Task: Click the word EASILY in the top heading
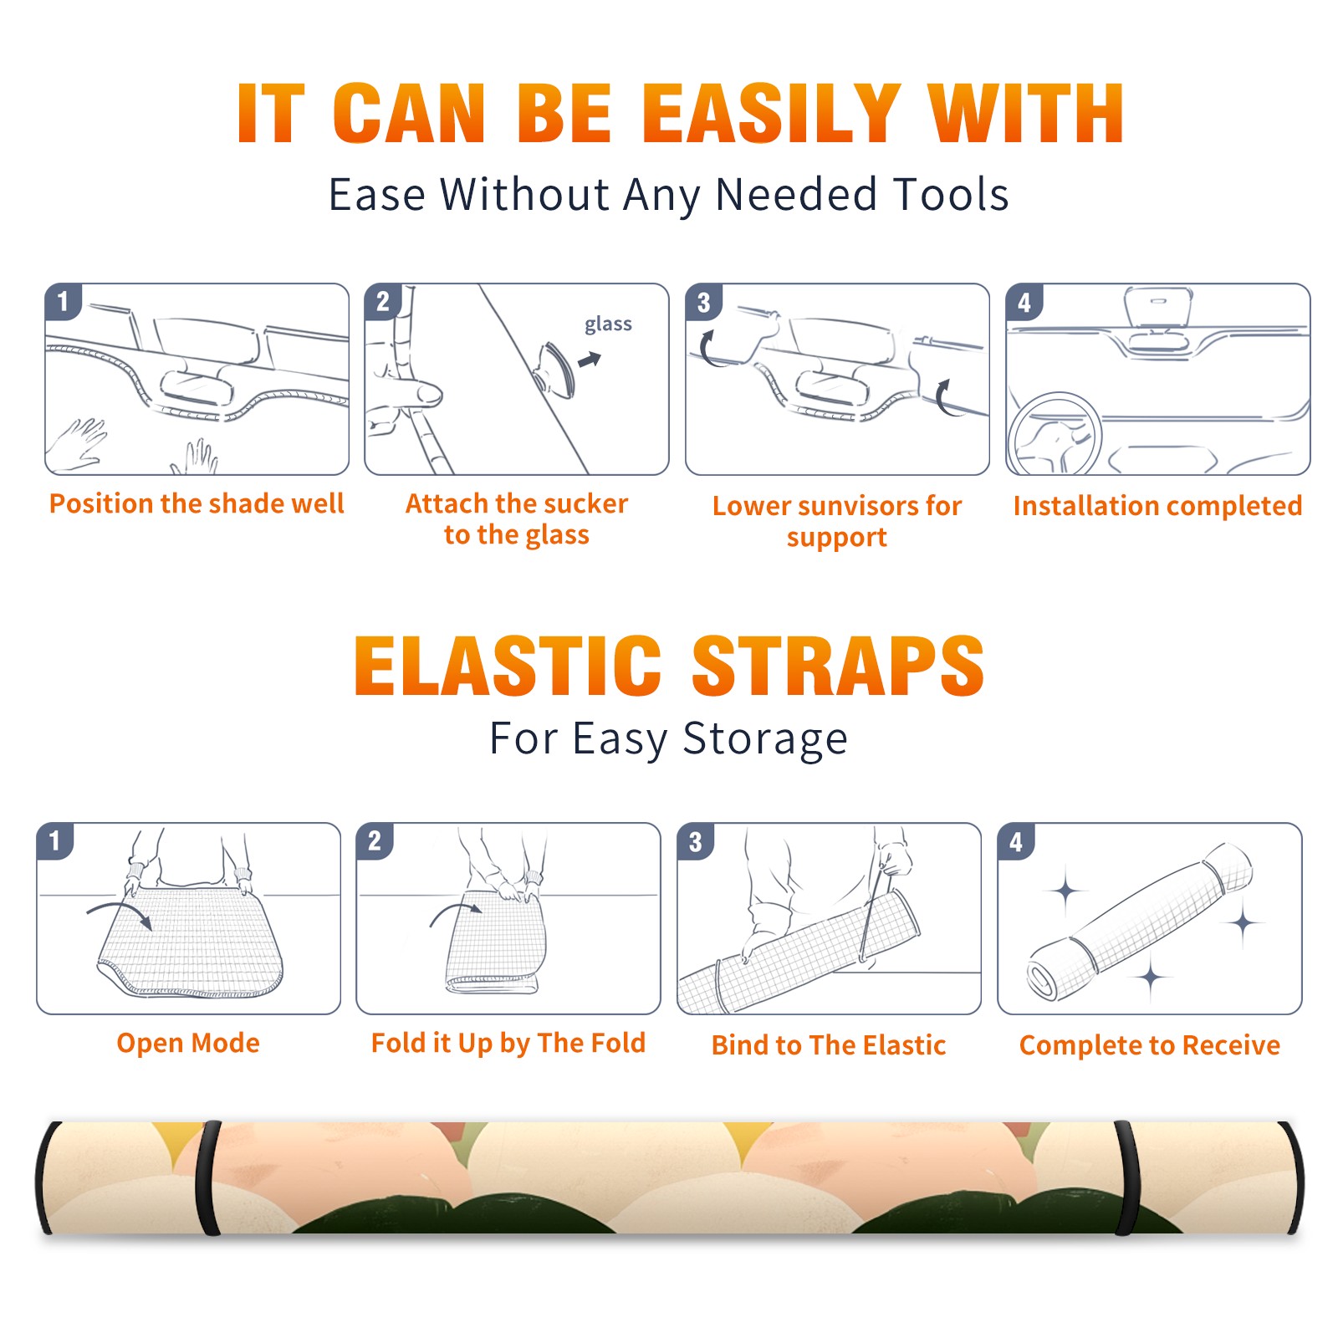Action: point(772,114)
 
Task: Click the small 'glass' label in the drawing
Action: point(608,324)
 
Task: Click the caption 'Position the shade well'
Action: point(197,503)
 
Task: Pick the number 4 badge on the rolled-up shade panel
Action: point(1016,841)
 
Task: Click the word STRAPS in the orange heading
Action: point(838,666)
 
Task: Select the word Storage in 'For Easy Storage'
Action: point(765,739)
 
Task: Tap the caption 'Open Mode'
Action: point(188,1043)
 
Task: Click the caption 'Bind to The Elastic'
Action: point(829,1045)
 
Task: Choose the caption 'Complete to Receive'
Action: point(1150,1045)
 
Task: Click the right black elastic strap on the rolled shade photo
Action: point(1126,1177)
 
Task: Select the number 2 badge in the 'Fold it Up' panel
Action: point(375,841)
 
